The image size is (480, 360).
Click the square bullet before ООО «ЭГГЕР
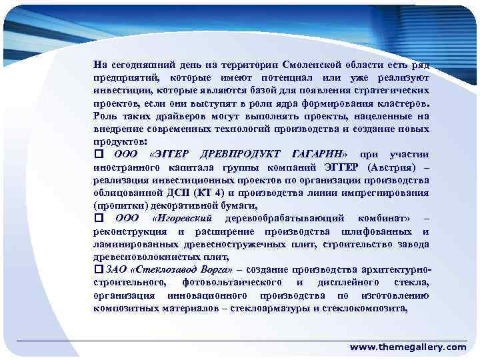[99, 155]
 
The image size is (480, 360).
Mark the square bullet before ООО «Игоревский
[99, 218]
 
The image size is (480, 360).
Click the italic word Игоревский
[182, 218]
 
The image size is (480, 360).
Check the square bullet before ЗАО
[99, 269]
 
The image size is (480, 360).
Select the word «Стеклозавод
[162, 269]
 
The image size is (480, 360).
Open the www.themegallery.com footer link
[408, 347]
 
